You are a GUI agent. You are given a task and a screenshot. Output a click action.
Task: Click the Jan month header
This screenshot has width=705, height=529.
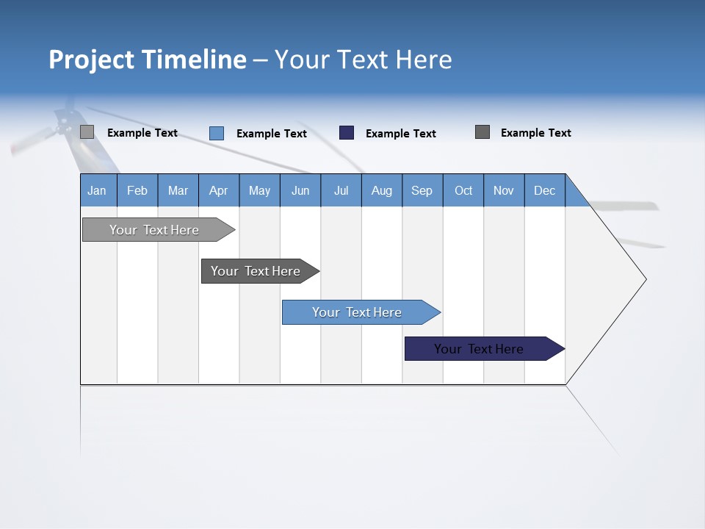[98, 190]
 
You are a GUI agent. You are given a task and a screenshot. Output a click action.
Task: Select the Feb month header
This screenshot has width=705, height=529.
[137, 190]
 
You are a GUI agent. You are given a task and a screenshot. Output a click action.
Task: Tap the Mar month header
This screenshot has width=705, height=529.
[178, 190]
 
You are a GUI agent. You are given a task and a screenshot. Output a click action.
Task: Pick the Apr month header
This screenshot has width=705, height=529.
[218, 190]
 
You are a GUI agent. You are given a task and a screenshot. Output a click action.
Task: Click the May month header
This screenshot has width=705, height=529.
[259, 190]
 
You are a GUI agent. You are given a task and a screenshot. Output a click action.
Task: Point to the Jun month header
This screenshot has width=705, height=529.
[300, 190]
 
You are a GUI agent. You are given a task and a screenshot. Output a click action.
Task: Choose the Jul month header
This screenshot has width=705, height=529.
[341, 190]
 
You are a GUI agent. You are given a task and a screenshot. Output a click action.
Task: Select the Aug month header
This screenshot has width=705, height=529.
[382, 190]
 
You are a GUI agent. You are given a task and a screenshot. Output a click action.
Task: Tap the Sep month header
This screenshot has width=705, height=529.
[422, 190]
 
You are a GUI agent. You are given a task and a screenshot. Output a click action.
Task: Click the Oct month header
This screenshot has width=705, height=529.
[463, 190]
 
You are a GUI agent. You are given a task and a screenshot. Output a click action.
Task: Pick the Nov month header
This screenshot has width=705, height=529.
[504, 190]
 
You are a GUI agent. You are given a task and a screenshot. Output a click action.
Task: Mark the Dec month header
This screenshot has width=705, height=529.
[545, 190]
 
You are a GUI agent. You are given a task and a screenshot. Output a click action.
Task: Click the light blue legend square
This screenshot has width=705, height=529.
[217, 133]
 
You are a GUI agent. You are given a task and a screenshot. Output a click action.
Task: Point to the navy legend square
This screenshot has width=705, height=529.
[347, 133]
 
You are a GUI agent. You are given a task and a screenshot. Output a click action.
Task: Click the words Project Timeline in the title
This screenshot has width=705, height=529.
[148, 60]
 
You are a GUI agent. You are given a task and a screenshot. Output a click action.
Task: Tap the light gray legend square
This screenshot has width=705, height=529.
[87, 132]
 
